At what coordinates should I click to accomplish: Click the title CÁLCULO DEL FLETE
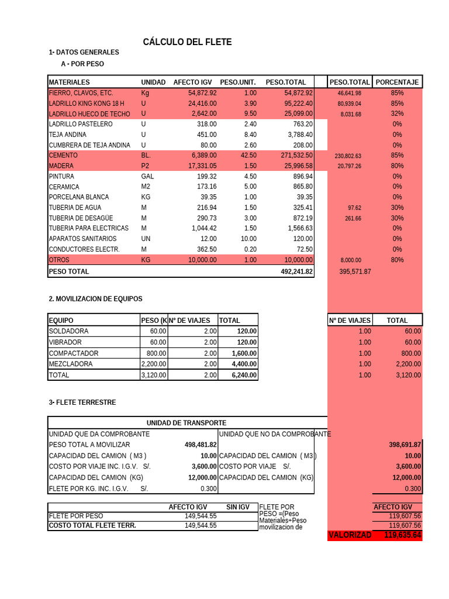pos(187,42)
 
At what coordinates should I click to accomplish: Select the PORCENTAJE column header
pos(397,82)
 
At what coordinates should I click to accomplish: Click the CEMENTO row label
pos(63,156)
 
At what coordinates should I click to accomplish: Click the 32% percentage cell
pos(398,114)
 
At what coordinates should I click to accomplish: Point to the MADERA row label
pos(61,166)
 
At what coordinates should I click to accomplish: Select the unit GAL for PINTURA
pos(147,177)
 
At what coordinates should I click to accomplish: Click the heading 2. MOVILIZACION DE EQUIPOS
pos(95,299)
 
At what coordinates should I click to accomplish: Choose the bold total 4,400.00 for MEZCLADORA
pos(244,364)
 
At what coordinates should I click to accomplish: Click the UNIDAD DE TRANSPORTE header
pos(186,423)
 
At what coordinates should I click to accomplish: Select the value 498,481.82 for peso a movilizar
pos(201,445)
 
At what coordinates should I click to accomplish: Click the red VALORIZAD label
pos(350,535)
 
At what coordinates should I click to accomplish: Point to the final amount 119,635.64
pos(403,535)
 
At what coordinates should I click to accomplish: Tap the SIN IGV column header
pos(237,507)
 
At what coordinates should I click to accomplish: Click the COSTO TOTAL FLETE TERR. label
pos(92,525)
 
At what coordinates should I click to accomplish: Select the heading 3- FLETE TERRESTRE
pos(82,402)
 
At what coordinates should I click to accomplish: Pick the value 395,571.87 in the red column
pos(355,271)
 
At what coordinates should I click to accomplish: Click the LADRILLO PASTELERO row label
pos(81,124)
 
